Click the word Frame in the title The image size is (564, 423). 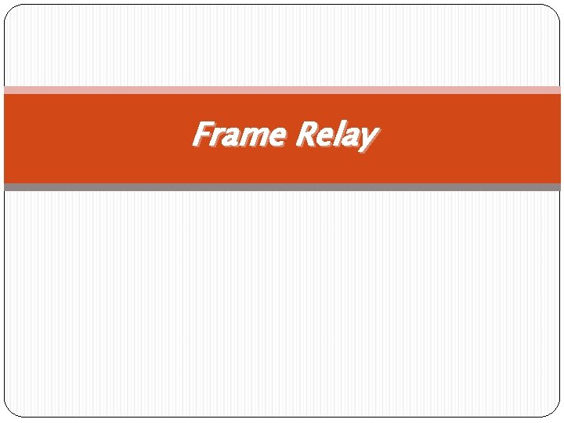click(x=239, y=135)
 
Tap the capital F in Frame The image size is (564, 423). click(x=203, y=134)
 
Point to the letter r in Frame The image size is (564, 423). click(x=218, y=137)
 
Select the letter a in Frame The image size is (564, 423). click(x=232, y=137)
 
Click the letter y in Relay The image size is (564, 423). click(x=367, y=140)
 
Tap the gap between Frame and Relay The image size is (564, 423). click(x=289, y=136)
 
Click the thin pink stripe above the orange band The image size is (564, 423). click(x=282, y=90)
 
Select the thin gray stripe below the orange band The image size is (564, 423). click(x=282, y=187)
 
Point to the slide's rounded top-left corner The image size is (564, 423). click(x=9, y=9)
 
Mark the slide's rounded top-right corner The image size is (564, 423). click(x=555, y=9)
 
